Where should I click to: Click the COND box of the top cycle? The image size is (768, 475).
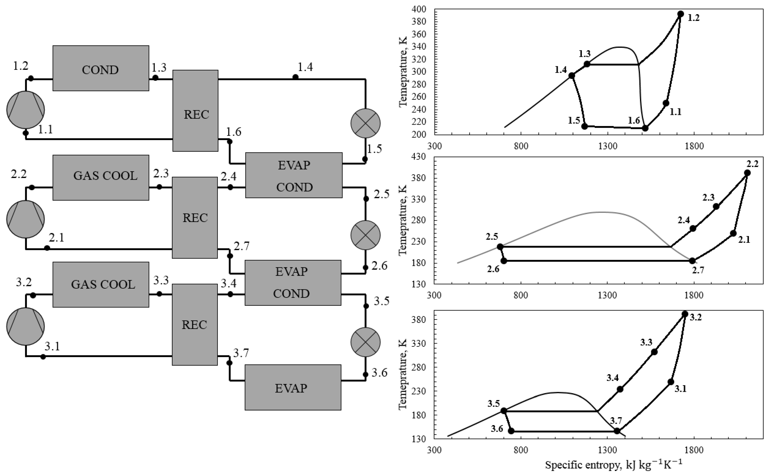point(101,68)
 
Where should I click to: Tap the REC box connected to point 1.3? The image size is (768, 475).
point(195,111)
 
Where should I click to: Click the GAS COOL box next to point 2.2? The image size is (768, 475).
point(101,177)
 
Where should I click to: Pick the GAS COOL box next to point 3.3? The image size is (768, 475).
point(101,284)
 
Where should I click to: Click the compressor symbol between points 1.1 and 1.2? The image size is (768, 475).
point(26,110)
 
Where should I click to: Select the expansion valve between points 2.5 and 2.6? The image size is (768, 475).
point(365,235)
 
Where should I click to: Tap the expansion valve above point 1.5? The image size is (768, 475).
point(365,123)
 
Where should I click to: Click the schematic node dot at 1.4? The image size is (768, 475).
point(295,77)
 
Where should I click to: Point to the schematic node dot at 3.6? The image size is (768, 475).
point(365,374)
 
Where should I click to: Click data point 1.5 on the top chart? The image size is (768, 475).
point(584,126)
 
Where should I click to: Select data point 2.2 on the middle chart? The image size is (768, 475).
point(747,173)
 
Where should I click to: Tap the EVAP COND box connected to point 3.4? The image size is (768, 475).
point(293,283)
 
